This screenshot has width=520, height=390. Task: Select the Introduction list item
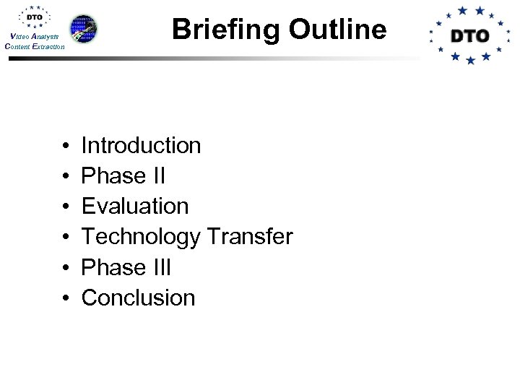coord(141,146)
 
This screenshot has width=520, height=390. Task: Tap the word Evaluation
coord(135,207)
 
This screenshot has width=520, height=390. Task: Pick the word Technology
coord(142,237)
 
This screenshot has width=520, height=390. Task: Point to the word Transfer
coord(250,237)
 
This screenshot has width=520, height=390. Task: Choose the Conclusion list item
coord(138,298)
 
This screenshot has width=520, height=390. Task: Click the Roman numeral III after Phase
coord(162,267)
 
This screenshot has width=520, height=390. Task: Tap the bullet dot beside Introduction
coord(66,147)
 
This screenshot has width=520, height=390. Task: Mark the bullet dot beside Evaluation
coord(66,207)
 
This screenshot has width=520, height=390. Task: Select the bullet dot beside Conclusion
coord(66,298)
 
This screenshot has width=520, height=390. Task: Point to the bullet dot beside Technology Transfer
coord(66,238)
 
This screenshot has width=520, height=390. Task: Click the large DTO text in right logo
coord(469,35)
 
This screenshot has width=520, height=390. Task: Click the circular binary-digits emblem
coord(84,29)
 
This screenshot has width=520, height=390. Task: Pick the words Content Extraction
coord(34,46)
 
